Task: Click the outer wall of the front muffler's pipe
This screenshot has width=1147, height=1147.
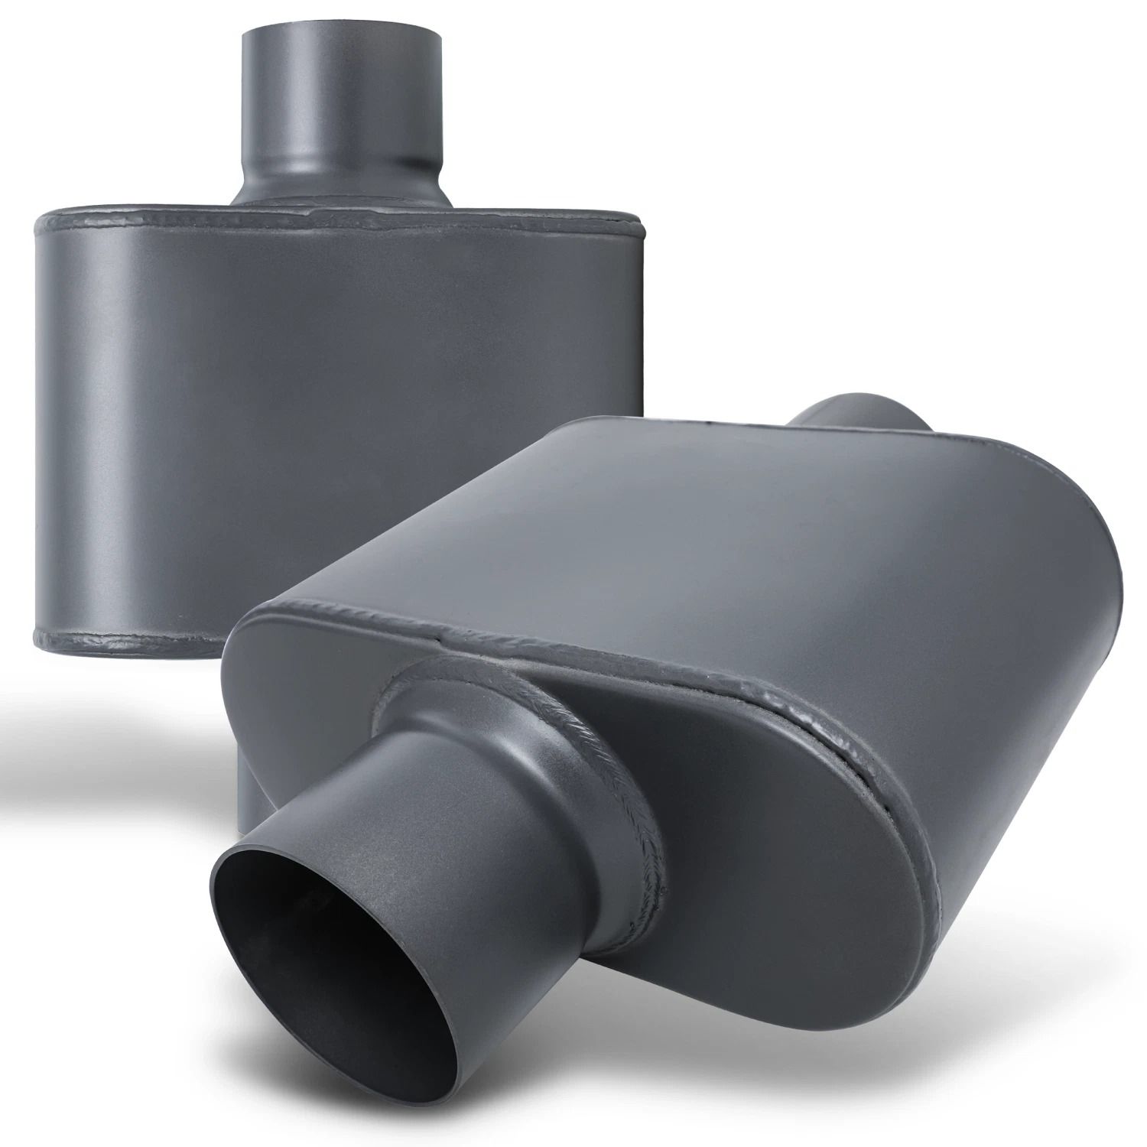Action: (x=459, y=856)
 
